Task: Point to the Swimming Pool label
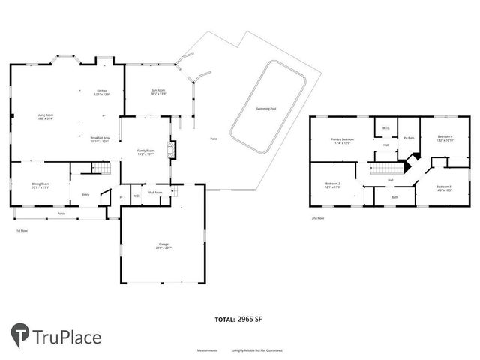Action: [x=265, y=109]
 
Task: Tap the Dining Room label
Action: [x=40, y=184]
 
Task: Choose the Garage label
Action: [x=163, y=245]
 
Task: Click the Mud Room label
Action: [x=155, y=193]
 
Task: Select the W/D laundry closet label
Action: [x=136, y=196]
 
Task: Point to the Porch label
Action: [x=61, y=214]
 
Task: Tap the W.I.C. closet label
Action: [x=385, y=127]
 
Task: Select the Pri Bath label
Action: [x=409, y=138]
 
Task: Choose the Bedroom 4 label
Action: [x=445, y=138]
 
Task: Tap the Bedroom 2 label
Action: [x=332, y=185]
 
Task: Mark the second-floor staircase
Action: [x=383, y=167]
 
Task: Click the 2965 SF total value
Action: [x=248, y=319]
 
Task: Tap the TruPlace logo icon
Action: [x=20, y=335]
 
